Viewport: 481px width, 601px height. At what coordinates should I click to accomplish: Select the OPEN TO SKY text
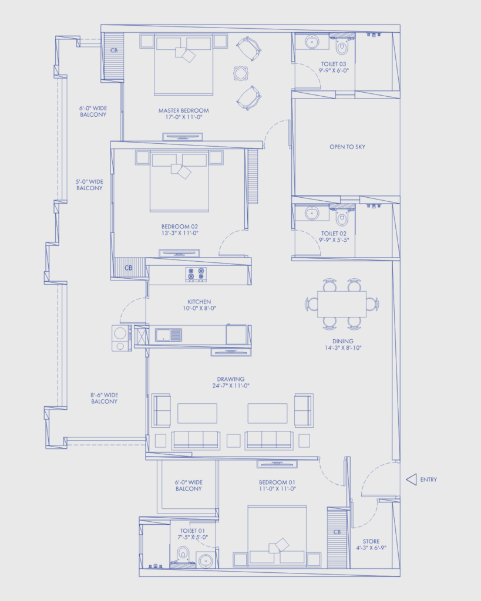348,147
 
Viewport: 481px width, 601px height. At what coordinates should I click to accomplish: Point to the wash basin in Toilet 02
312,213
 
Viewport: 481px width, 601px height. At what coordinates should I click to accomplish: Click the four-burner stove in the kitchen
196,275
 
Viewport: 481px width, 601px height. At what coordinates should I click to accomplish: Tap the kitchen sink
169,335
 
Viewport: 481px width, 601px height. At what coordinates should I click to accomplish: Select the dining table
342,304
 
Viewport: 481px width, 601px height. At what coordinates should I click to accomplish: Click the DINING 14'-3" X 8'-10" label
343,345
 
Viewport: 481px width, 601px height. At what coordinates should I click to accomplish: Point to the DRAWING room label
231,382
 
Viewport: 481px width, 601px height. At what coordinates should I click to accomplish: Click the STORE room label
371,545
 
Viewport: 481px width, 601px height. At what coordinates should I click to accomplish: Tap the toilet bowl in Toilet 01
183,555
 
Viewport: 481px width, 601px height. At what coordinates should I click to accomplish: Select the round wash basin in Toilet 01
206,561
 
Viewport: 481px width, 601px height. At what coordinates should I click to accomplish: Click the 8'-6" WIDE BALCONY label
105,399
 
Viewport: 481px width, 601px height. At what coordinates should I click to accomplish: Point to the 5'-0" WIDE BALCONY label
89,185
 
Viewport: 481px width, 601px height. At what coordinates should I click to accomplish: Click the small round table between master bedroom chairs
241,73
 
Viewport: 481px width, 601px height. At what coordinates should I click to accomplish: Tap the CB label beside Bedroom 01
337,532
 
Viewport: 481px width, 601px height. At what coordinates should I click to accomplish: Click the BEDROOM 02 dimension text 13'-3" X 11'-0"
180,233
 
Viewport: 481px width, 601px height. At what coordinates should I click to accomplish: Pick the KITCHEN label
200,302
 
